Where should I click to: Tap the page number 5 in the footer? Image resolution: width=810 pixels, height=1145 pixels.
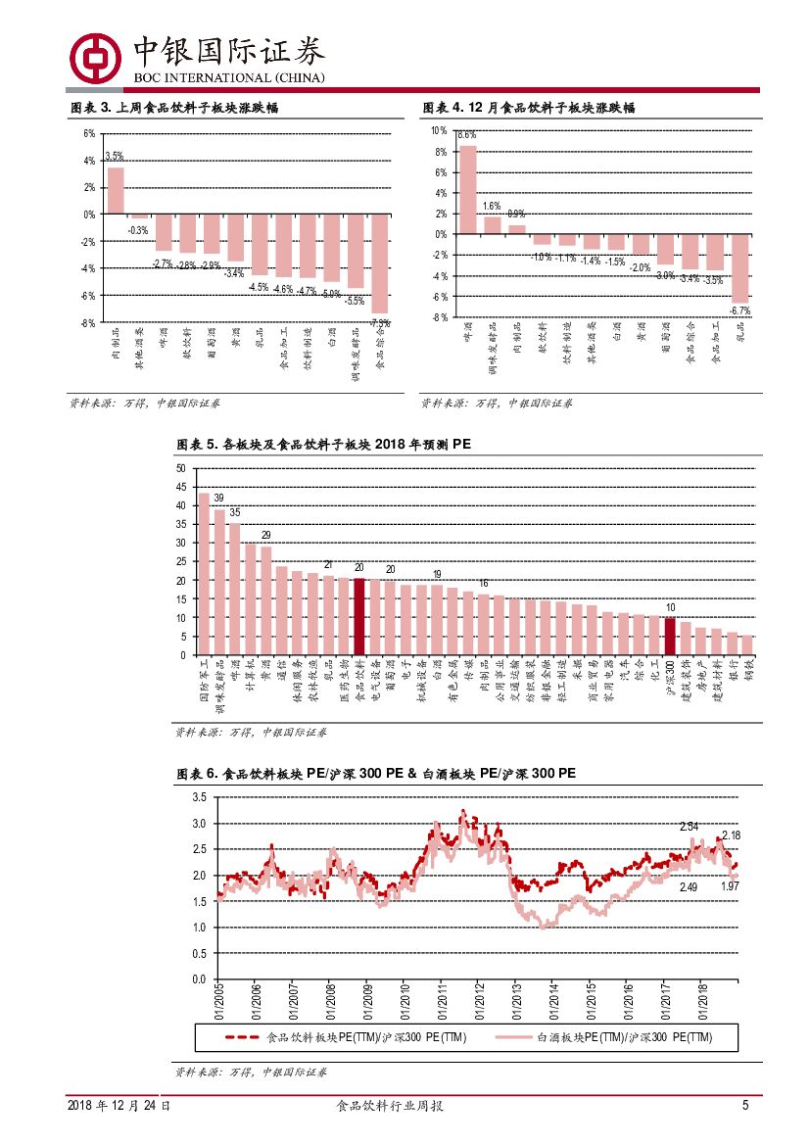click(745, 1105)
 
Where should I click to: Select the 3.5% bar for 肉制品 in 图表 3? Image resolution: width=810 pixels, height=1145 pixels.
click(116, 190)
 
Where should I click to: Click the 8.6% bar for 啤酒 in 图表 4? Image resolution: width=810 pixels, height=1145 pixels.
click(468, 189)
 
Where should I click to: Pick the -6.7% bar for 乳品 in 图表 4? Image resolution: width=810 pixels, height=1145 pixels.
click(740, 268)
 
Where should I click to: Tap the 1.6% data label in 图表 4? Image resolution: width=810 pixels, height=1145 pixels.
click(492, 207)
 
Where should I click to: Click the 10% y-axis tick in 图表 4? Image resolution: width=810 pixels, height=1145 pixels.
click(438, 130)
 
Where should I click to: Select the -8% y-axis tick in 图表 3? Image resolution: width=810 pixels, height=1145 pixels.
click(88, 322)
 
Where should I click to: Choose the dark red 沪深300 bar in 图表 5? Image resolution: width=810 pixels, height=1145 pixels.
click(670, 636)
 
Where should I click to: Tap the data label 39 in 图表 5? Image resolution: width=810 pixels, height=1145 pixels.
click(218, 498)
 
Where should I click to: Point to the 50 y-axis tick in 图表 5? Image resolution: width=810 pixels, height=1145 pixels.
click(179, 468)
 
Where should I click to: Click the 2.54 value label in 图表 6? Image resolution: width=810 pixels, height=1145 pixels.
click(689, 827)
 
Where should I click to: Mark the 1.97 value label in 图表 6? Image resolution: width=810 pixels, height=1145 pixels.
click(730, 885)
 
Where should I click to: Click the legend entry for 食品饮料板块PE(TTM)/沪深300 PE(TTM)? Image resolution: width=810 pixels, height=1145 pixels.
click(345, 1037)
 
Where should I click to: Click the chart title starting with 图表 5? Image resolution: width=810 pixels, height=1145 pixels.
click(324, 445)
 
